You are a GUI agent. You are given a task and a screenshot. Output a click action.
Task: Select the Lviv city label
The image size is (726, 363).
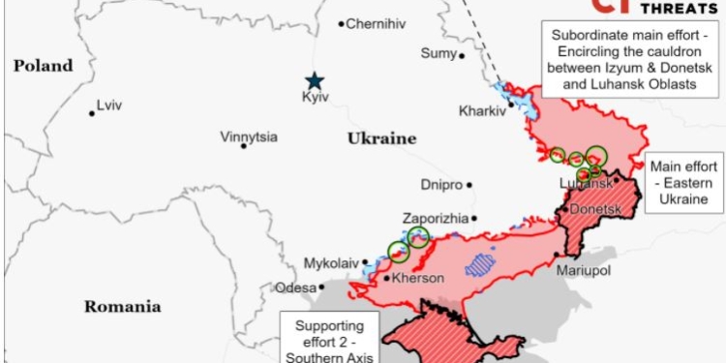pos(110,106)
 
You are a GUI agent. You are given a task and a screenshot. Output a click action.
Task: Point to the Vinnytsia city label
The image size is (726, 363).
pos(249,136)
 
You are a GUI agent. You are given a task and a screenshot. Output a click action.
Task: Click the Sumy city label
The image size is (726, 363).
pos(438,53)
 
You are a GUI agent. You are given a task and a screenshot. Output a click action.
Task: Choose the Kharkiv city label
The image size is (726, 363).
pos(482,111)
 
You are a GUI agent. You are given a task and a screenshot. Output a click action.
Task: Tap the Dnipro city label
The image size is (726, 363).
pos(440,184)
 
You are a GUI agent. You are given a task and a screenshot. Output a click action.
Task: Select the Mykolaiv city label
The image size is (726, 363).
pos(331,262)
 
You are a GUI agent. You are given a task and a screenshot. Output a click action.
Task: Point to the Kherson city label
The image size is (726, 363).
pos(417,279)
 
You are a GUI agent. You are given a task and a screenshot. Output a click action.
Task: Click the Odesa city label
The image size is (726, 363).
pos(295,287)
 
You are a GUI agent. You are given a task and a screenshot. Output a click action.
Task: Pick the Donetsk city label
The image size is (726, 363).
pos(594,209)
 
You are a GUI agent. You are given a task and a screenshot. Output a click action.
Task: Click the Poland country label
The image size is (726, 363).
pos(43,66)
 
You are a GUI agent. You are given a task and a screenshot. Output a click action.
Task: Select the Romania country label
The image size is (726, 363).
pos(122,307)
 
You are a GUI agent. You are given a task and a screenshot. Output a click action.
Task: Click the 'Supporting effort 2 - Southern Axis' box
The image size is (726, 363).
pos(330,338)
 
